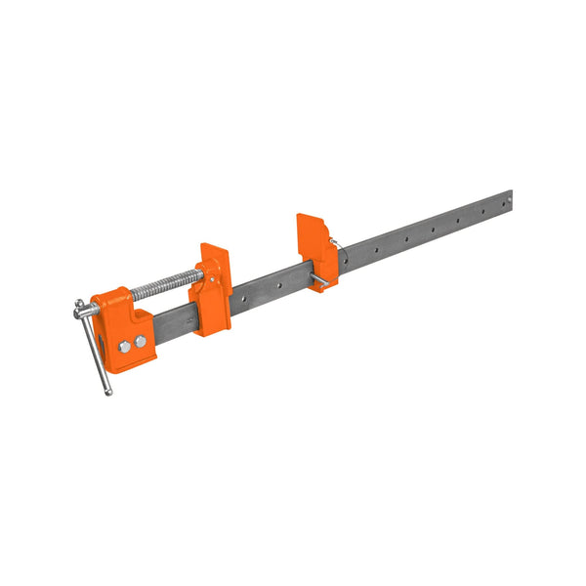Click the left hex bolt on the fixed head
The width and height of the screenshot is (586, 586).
[x=126, y=346]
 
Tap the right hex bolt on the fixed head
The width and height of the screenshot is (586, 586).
[x=141, y=341]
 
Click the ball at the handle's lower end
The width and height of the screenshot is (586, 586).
[x=108, y=392]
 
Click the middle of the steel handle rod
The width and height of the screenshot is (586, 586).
[x=95, y=350]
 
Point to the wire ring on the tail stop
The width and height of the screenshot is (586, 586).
[x=334, y=243]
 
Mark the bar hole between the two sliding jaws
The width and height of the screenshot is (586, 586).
[x=277, y=286]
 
